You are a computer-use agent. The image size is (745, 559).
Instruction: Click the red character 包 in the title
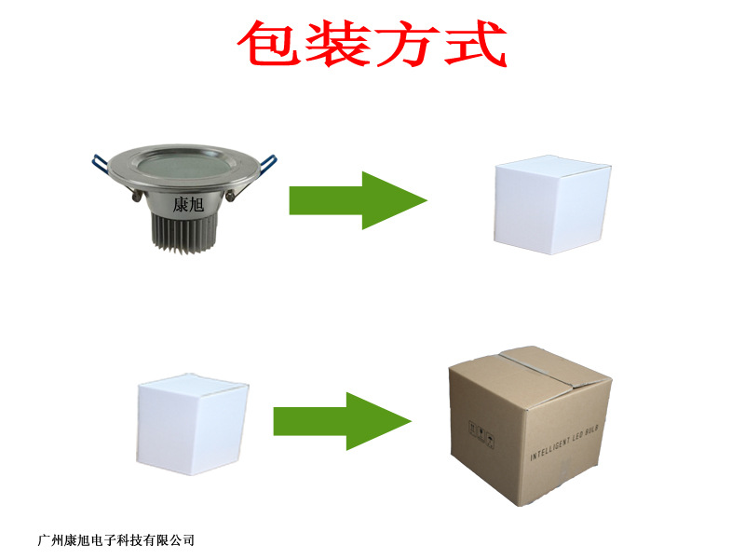[x=270, y=43]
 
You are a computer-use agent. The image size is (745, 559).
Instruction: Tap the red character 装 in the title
[x=338, y=43]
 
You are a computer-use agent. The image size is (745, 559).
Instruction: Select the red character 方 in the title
[x=407, y=43]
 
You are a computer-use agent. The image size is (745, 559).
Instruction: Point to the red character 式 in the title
[x=475, y=43]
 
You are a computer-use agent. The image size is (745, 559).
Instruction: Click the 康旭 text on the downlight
[x=188, y=205]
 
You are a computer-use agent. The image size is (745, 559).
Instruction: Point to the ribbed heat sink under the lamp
[x=183, y=233]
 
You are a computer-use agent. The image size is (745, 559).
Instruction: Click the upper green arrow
[x=359, y=200]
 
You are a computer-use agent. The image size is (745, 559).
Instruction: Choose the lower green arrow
[x=342, y=421]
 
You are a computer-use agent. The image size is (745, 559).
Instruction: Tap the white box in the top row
[x=552, y=205]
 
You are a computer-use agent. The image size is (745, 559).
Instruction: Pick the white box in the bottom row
[x=193, y=424]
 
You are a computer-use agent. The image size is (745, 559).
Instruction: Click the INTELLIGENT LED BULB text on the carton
[x=564, y=443]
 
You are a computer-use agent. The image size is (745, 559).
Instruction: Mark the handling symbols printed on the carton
[x=481, y=433]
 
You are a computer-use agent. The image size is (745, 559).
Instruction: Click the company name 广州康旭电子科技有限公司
[x=115, y=540]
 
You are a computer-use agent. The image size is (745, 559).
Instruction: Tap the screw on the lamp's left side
[x=137, y=195]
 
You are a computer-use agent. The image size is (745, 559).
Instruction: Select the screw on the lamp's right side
[x=230, y=195]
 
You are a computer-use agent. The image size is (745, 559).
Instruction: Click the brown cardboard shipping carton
[x=530, y=426]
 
